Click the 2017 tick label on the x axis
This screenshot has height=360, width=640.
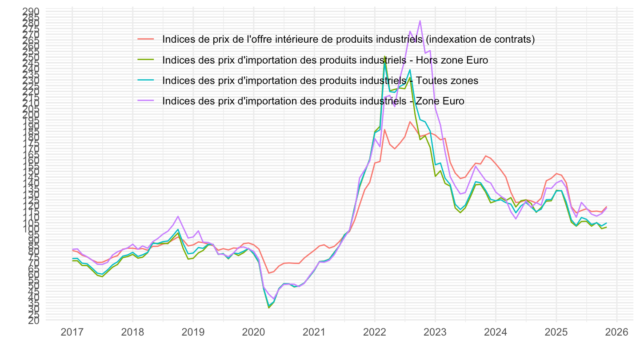[72, 332]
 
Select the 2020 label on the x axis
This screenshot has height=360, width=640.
[253, 332]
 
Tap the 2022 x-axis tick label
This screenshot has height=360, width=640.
[375, 332]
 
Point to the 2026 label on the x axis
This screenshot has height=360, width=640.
[617, 332]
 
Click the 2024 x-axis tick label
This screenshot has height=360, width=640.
[496, 332]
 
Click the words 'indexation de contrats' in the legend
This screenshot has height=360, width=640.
[480, 39]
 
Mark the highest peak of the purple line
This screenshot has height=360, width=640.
[420, 20]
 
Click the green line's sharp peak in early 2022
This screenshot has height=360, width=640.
[384, 56]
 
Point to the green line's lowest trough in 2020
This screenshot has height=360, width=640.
[269, 308]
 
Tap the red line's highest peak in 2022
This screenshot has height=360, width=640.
[410, 121]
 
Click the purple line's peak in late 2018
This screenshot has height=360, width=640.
[178, 216]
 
